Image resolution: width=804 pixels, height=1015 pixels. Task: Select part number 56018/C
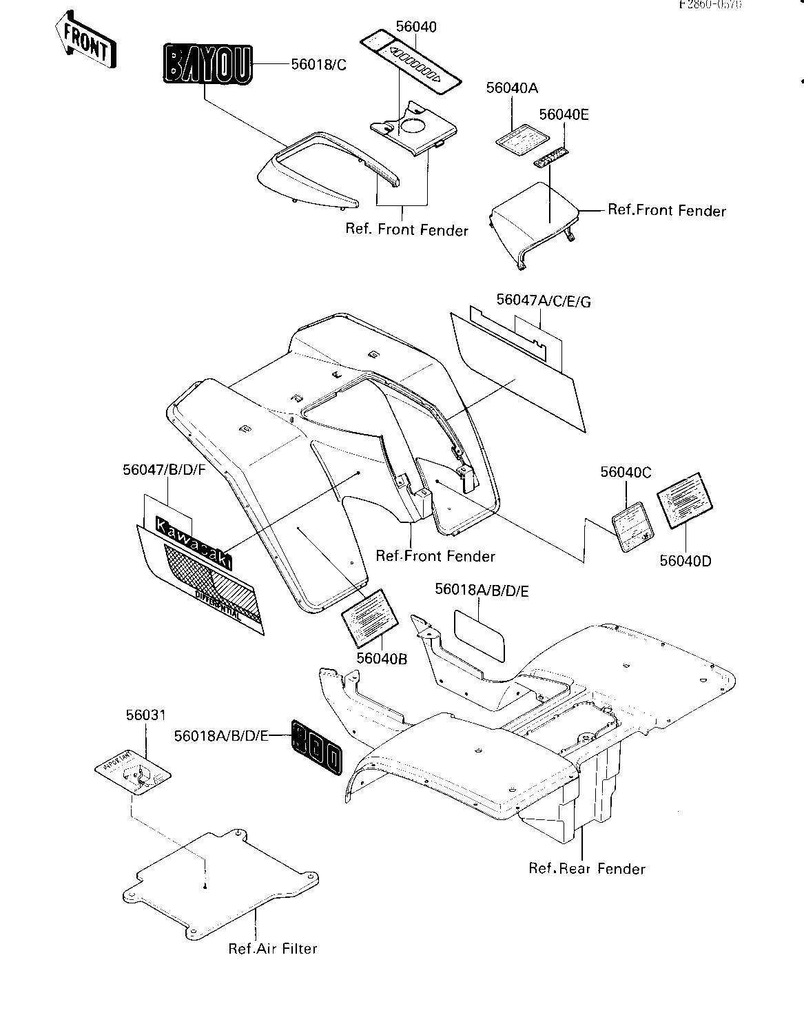click(318, 65)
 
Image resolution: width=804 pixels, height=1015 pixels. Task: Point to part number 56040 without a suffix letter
click(416, 27)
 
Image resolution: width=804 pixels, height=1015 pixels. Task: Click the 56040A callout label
click(512, 88)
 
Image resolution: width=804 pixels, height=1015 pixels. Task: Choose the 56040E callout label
click(564, 114)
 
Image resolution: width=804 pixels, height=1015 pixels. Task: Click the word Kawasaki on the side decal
click(194, 544)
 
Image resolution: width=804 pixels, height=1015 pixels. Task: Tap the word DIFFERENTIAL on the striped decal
click(218, 604)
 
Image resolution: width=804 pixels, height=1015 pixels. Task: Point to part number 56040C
click(626, 472)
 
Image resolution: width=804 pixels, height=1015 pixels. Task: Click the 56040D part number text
click(686, 561)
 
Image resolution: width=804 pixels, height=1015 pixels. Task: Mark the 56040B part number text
click(382, 659)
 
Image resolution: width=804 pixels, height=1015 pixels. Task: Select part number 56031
click(145, 716)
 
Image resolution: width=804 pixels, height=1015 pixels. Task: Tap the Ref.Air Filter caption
click(273, 949)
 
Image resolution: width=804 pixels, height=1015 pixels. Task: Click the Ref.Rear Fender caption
click(587, 868)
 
